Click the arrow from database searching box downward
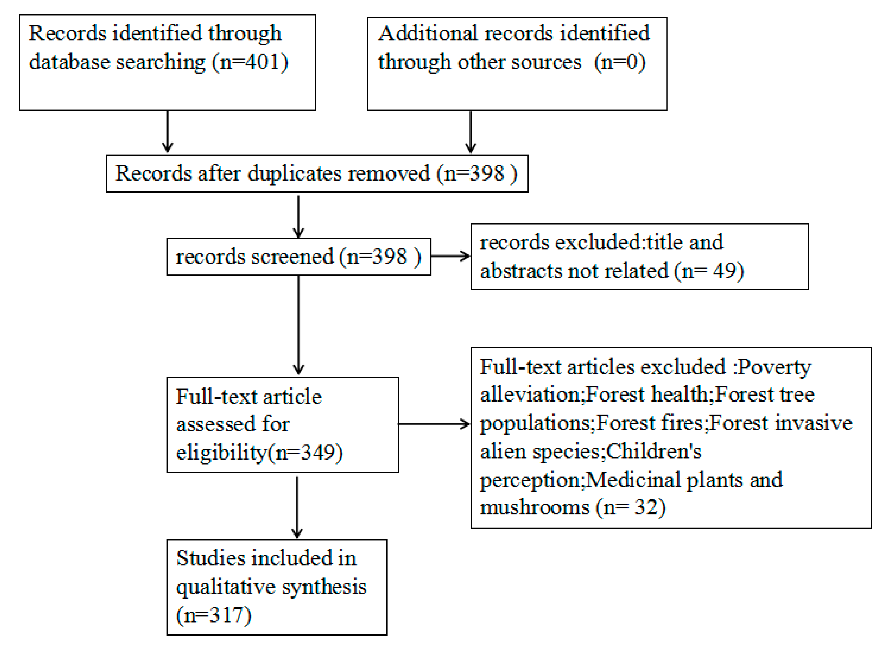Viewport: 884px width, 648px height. tap(167, 131)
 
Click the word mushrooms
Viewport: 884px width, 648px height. tap(534, 507)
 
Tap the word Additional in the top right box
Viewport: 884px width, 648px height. tap(427, 33)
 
